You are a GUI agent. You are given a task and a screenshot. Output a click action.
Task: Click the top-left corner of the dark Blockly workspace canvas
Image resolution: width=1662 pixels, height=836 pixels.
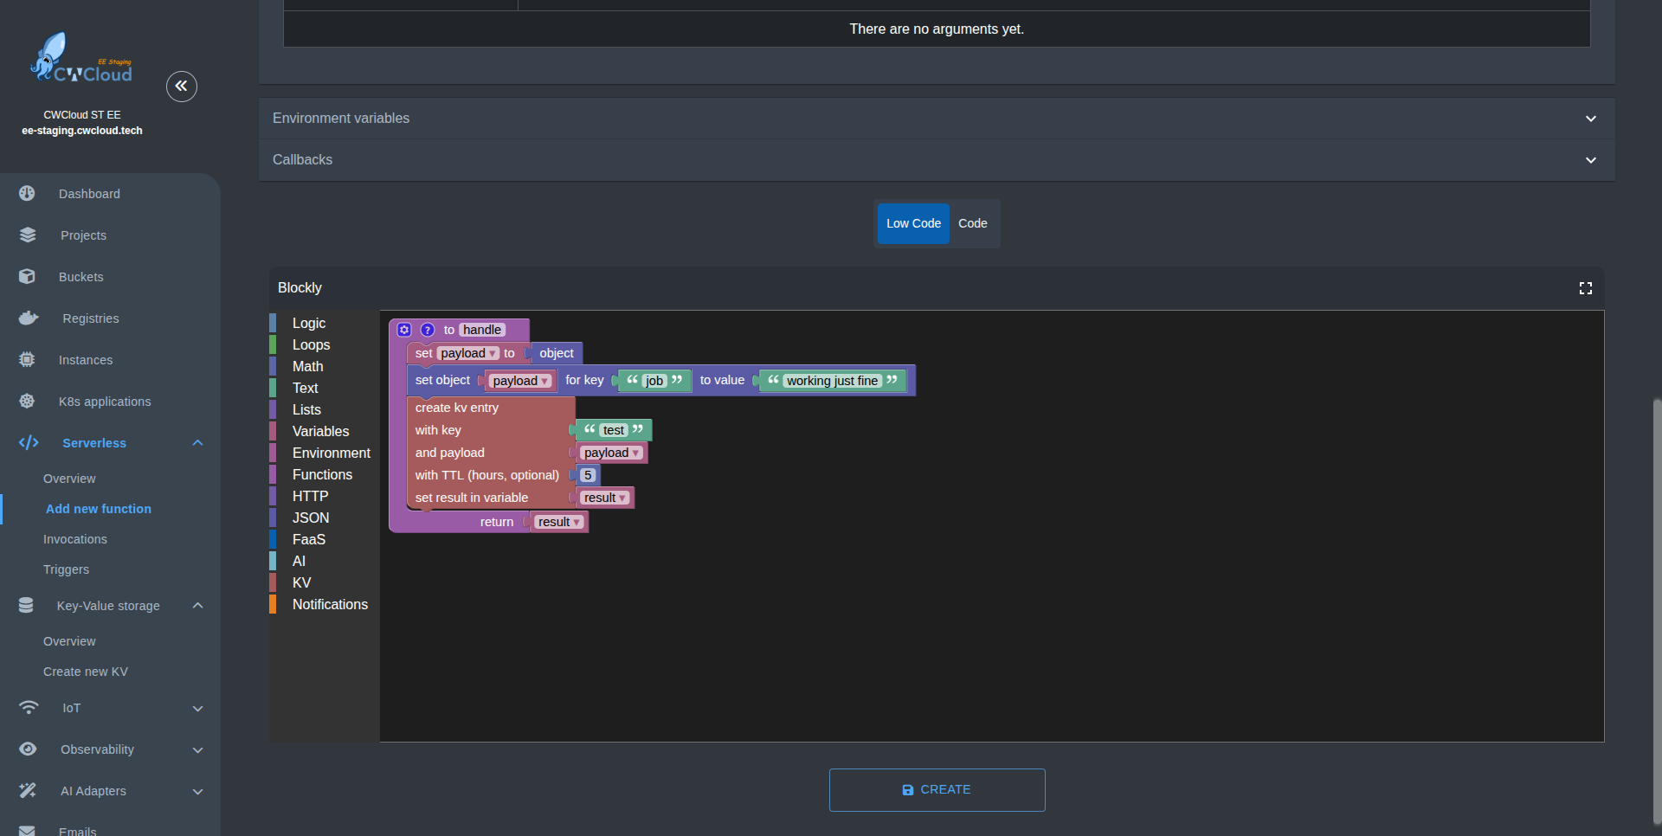click(380, 311)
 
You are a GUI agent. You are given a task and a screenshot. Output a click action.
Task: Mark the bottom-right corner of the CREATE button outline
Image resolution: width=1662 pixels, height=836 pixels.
click(1045, 811)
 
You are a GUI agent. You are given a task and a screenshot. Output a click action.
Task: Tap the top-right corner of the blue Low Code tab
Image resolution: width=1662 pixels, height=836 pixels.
click(950, 204)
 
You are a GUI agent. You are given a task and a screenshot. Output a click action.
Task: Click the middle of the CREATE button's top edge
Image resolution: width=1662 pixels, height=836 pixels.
click(937, 769)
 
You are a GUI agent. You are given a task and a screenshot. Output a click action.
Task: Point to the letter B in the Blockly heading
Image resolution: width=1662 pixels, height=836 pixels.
click(282, 287)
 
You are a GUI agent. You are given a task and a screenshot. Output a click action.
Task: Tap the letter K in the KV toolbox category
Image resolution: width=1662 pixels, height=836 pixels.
click(297, 582)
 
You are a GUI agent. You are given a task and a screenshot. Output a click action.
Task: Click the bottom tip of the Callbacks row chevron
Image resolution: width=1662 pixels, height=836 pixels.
click(1591, 164)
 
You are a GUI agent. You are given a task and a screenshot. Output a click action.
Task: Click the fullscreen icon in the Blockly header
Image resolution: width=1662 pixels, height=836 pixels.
click(1586, 288)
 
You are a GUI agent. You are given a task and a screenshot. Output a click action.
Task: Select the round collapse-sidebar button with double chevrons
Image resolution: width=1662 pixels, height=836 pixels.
click(182, 86)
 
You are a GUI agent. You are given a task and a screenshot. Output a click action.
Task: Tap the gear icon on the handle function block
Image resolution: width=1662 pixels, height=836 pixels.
click(404, 330)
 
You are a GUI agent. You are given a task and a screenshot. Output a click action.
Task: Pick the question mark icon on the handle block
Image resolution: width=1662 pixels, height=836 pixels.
click(428, 330)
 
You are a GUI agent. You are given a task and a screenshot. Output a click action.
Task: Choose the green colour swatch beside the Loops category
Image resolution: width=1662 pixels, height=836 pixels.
click(273, 344)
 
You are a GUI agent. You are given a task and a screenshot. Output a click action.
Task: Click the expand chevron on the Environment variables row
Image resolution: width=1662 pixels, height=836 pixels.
click(1591, 119)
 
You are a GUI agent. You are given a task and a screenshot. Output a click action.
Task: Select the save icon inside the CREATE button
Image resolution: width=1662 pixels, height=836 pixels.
click(908, 790)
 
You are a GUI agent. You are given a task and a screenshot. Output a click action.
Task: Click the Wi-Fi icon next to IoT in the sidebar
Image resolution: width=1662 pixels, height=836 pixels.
click(29, 708)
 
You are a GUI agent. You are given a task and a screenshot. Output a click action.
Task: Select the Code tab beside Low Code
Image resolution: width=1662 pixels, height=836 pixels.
click(973, 223)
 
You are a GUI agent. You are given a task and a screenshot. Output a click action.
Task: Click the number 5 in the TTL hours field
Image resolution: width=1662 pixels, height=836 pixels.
click(588, 475)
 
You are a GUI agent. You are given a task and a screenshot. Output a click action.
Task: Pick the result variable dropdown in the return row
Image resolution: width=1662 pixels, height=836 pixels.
click(559, 522)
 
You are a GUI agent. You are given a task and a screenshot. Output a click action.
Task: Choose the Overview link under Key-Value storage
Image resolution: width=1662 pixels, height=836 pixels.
click(69, 641)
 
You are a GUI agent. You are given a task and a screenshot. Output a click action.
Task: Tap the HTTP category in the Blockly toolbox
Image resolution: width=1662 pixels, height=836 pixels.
click(310, 496)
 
